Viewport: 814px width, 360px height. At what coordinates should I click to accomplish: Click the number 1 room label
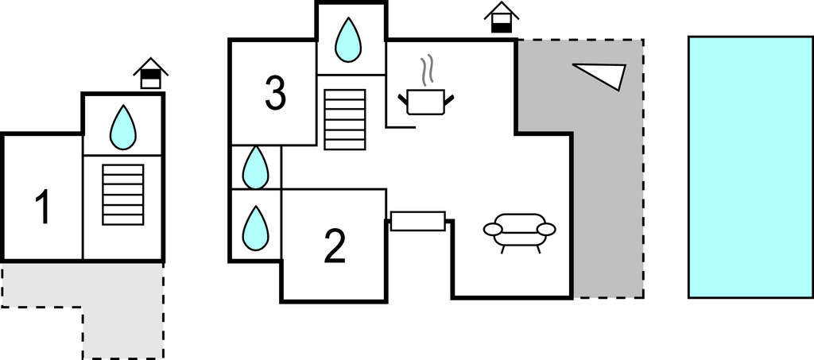pos(43,207)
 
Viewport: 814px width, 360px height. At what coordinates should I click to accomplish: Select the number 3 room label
pos(274,93)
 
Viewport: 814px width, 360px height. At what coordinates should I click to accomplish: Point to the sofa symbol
pos(519,230)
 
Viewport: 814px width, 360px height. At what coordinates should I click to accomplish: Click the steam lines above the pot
pos(428,69)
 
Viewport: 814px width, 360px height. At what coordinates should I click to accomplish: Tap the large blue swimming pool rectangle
pos(750,166)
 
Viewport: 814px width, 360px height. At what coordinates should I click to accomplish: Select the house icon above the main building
pos(501,17)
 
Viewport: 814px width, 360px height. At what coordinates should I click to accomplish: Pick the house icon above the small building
pos(149,73)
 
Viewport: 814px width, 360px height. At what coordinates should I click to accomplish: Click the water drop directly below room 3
pos(255,168)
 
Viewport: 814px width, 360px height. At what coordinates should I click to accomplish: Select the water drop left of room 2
pos(255,226)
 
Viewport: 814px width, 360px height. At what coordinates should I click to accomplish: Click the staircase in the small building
pos(123,194)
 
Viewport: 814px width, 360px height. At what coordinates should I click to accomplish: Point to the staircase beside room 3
pos(345,118)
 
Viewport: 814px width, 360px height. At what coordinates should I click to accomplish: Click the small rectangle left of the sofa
pos(417,221)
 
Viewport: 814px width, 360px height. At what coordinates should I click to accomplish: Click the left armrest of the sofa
pos(493,230)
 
